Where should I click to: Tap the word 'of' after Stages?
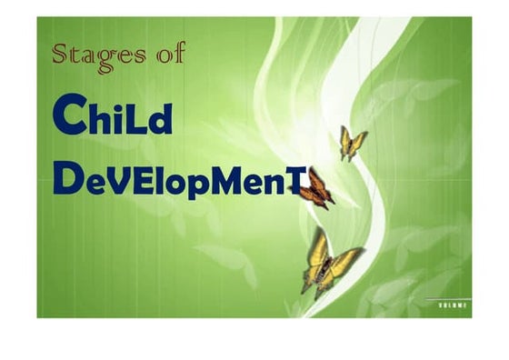point(170,54)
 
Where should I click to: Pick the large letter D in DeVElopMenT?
point(66,177)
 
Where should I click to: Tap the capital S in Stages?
point(61,54)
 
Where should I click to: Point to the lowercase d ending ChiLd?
point(160,118)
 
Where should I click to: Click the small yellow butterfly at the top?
point(353,143)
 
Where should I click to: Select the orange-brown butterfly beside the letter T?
point(316,189)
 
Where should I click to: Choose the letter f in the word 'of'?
point(178,53)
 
